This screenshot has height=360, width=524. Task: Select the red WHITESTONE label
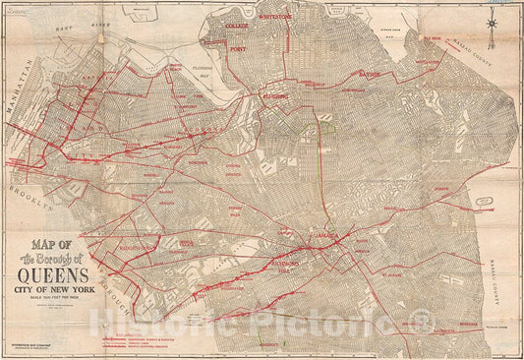278,18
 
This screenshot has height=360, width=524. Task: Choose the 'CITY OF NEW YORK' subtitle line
64,290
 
